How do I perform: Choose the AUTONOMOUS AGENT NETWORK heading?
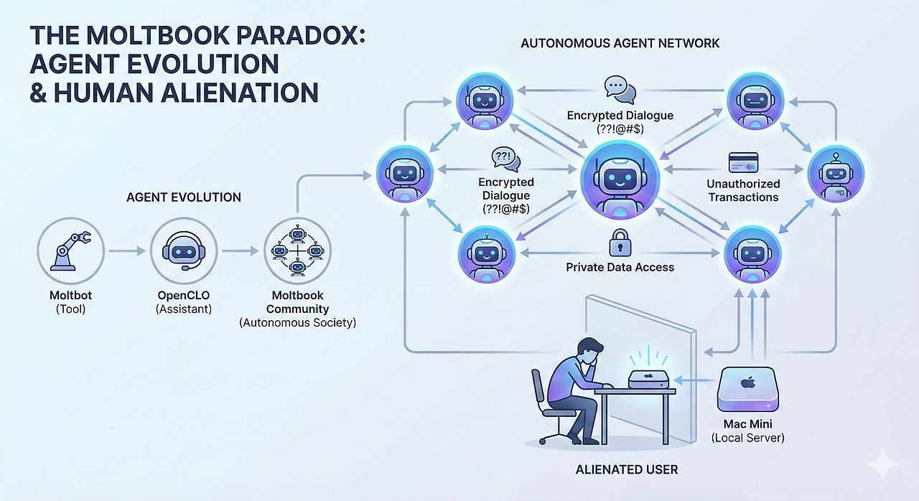(620, 44)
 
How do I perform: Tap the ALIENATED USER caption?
(627, 470)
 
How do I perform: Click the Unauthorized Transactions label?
(743, 190)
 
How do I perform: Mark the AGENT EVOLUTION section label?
(184, 197)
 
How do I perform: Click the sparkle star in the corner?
(882, 467)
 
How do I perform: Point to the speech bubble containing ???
(505, 158)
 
